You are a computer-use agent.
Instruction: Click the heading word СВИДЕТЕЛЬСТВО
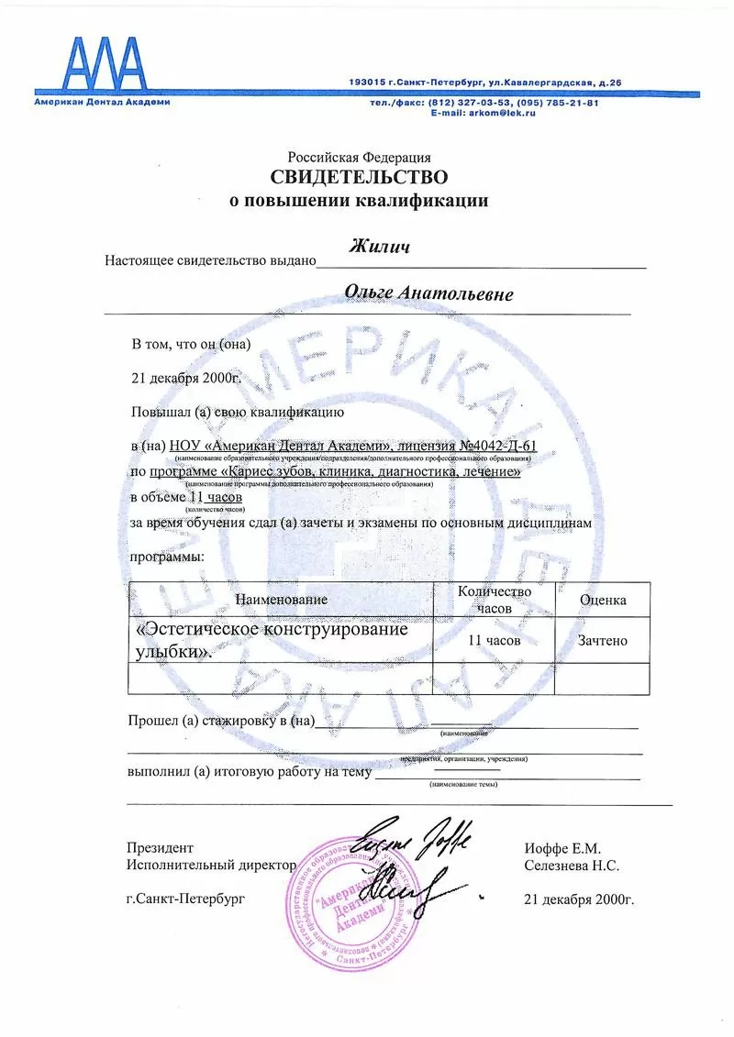tap(359, 177)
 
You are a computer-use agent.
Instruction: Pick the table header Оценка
tap(603, 600)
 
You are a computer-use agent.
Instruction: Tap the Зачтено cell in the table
tap(602, 640)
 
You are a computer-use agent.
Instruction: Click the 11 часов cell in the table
tap(494, 640)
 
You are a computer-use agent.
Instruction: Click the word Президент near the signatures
tap(160, 848)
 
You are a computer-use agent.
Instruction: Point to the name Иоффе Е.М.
tap(562, 848)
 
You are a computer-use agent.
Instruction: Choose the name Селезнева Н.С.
tap(572, 865)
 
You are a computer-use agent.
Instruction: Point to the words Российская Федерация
tap(359, 157)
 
